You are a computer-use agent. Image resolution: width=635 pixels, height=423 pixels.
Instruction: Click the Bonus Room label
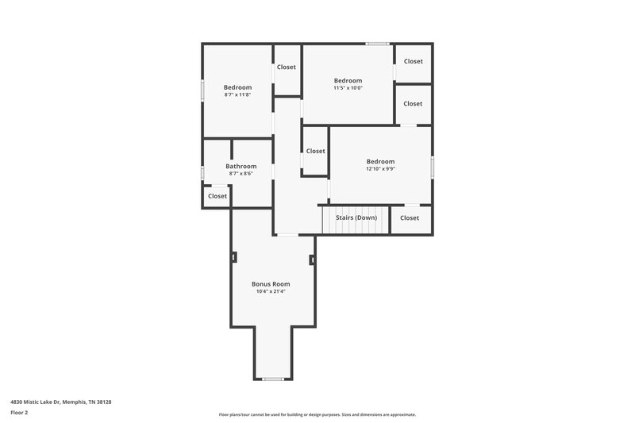point(271,284)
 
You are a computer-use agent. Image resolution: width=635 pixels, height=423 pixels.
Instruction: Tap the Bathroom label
point(241,166)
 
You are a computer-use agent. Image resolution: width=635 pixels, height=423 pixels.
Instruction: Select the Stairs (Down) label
point(356,217)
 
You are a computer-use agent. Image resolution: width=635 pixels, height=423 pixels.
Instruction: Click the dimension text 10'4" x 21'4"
point(271,291)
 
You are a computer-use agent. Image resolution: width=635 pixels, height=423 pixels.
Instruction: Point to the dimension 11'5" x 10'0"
point(348,88)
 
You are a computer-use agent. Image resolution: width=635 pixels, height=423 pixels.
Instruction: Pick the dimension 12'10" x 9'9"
point(380,169)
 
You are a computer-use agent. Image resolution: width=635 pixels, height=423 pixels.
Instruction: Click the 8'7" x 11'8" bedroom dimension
point(237,94)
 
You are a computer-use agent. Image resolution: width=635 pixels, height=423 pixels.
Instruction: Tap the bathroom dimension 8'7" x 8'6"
point(241,173)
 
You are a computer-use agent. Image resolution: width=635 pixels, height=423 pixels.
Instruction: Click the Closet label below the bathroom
point(217,196)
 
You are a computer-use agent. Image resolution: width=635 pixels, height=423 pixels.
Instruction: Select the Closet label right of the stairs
point(410,217)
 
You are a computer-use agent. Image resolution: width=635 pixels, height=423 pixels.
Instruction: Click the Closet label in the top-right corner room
point(413,61)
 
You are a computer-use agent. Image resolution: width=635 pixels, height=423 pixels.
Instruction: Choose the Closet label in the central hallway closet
point(315,151)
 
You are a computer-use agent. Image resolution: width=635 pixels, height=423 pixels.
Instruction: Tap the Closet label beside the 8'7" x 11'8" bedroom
point(286,67)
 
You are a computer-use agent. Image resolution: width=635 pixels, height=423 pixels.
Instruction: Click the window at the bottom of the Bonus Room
point(273,379)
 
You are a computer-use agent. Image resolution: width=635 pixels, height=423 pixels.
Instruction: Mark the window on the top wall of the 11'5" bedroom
point(377,44)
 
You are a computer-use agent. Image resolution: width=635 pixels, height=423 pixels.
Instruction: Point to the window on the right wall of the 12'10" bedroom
point(433,166)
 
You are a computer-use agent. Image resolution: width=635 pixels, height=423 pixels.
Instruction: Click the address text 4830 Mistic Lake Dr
point(60,402)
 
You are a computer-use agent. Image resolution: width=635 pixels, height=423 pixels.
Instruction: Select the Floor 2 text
point(20,413)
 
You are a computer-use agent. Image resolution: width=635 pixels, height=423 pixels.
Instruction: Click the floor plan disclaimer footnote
point(317,414)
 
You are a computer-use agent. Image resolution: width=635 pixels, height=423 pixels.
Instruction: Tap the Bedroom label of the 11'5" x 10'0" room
point(348,80)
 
